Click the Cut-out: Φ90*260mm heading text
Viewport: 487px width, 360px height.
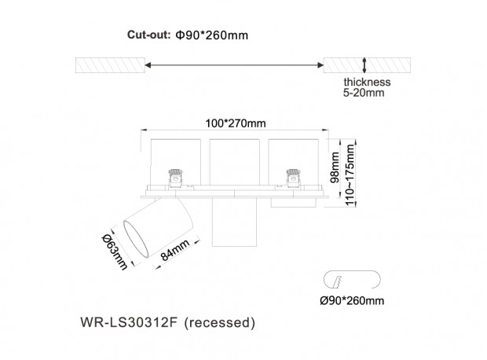(188, 35)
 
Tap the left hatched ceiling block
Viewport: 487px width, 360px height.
(110, 65)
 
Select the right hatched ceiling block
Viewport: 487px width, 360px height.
(367, 65)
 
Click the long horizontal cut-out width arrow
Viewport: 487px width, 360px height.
(234, 65)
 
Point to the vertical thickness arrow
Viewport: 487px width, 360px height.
(364, 65)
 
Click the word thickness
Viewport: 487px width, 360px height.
(367, 82)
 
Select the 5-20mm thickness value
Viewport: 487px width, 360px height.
(364, 93)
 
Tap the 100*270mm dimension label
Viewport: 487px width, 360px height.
(236, 123)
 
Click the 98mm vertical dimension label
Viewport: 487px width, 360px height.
(335, 167)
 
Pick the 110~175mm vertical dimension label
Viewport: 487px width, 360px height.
(350, 175)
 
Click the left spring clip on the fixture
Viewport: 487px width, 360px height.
(175, 178)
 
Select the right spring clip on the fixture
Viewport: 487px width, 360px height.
(293, 178)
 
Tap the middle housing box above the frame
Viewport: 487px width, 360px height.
(235, 162)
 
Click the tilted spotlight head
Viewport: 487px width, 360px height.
(159, 227)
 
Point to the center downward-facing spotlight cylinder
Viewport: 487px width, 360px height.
(235, 222)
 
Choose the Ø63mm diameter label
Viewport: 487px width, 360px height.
(115, 252)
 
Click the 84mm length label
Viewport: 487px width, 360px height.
(175, 250)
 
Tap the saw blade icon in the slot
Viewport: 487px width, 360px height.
(337, 282)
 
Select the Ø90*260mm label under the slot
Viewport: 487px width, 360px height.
(352, 300)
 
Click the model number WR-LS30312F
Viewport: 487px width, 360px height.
(129, 322)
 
